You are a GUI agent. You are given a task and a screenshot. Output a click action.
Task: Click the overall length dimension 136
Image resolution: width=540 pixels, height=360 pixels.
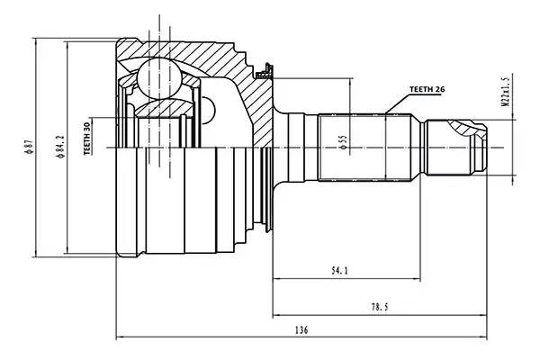tap(301, 330)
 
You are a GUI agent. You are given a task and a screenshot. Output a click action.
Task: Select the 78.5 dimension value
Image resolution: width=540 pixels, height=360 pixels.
tap(379, 306)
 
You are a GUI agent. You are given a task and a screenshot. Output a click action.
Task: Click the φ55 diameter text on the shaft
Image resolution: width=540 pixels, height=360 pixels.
tap(343, 141)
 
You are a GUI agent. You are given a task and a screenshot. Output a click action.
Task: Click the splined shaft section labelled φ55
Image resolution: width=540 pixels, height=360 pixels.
tap(355, 147)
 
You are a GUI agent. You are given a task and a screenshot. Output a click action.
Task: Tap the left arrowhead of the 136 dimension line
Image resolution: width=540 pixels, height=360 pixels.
tap(121, 338)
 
